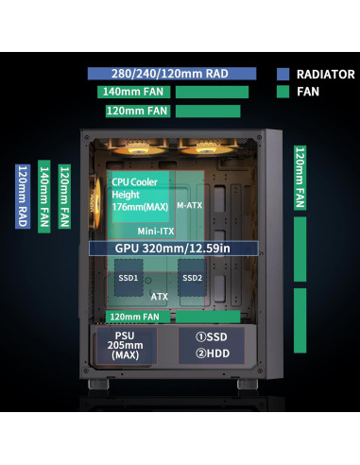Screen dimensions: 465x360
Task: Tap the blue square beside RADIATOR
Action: (x=284, y=74)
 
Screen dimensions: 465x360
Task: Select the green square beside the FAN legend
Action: (x=284, y=93)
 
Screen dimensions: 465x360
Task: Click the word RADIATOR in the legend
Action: (x=325, y=74)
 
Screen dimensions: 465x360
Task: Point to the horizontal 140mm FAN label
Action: (x=133, y=93)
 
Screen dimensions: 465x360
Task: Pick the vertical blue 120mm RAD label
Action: (x=23, y=197)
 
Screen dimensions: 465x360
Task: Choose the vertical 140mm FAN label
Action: (x=44, y=197)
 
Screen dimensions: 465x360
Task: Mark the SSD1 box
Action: (x=129, y=278)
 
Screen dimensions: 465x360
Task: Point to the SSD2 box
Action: (x=193, y=278)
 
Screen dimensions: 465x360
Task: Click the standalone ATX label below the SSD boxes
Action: (x=160, y=295)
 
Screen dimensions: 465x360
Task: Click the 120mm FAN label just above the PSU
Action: (x=133, y=316)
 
